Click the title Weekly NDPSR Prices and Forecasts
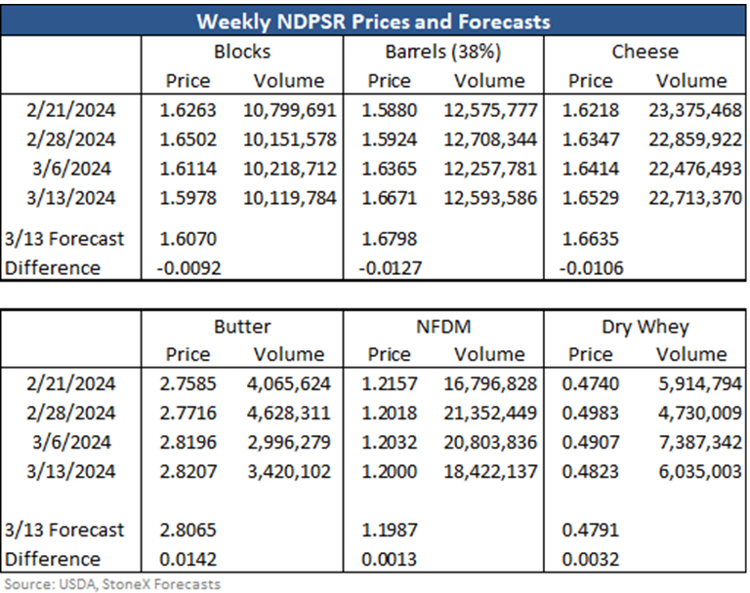[374, 21]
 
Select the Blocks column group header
[242, 52]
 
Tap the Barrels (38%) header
[443, 52]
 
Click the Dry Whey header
[646, 328]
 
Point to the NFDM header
[443, 327]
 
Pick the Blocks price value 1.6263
[187, 110]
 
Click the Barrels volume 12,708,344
[490, 139]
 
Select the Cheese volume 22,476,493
[695, 169]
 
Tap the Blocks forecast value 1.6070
[187, 238]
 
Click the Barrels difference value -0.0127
[391, 268]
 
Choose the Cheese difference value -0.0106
[591, 268]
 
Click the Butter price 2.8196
[187, 443]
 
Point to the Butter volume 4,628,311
[288, 414]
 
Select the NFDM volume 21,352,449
[490, 414]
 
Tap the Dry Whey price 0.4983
[590, 414]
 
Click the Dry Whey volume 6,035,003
[700, 472]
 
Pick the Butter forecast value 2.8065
[187, 530]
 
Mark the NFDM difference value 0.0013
[389, 559]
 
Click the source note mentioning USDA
[112, 584]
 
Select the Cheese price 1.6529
[590, 198]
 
